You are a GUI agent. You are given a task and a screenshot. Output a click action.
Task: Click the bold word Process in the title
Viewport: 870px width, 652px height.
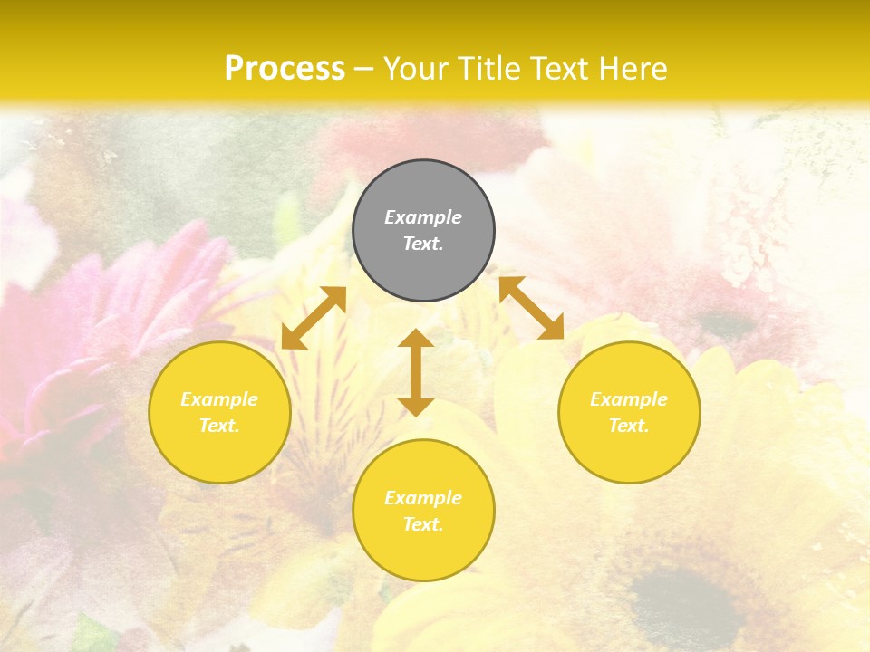coord(285,69)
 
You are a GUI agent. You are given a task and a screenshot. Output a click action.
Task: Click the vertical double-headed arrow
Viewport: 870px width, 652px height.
coord(416,372)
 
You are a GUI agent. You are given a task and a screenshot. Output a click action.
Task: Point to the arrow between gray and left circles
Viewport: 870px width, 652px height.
coord(314,318)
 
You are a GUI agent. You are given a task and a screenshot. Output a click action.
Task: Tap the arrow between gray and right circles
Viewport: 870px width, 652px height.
coord(531,308)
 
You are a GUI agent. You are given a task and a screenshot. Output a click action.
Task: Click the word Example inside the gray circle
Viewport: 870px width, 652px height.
coord(423,217)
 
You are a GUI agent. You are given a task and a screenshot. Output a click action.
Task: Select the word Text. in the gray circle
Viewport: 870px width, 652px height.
coord(423,244)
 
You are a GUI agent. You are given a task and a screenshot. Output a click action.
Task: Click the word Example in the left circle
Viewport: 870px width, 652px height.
coord(219,399)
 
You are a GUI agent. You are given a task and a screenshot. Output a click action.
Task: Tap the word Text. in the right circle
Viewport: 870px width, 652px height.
coord(629,426)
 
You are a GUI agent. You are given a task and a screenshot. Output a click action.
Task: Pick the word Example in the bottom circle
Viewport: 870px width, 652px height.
coord(423,498)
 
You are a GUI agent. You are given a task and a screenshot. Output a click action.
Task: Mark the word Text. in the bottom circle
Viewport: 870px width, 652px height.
coord(423,524)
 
